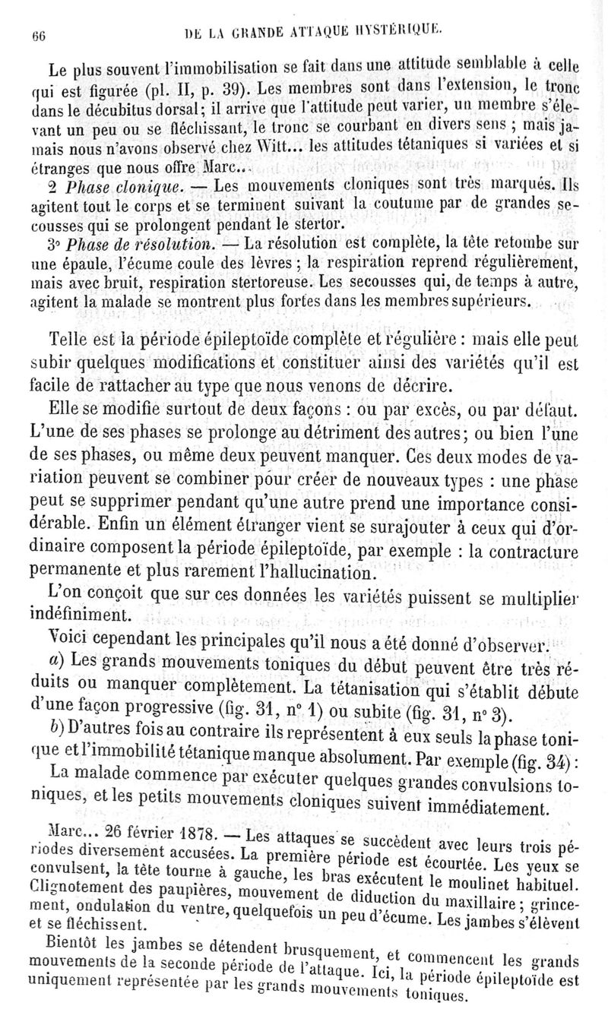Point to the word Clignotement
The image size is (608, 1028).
[x=68, y=885]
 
